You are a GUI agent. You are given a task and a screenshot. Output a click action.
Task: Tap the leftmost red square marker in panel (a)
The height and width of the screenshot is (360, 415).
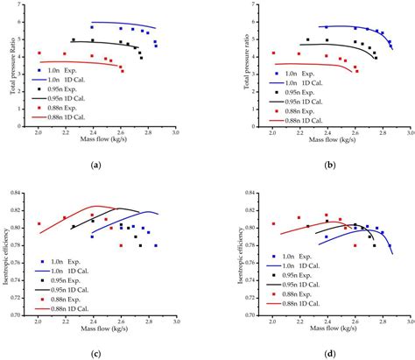coord(39,53)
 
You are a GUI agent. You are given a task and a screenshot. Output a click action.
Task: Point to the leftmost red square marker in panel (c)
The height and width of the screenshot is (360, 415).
coord(39,224)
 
